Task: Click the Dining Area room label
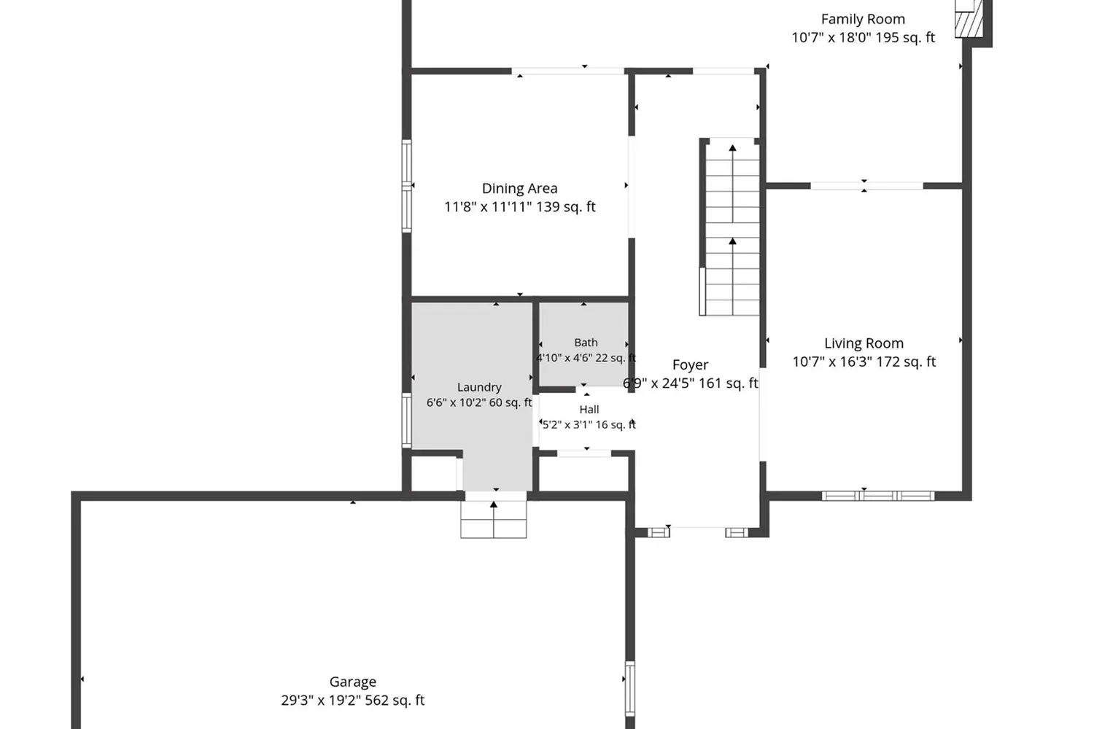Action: click(x=519, y=188)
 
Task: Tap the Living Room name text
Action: click(x=864, y=343)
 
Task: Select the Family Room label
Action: click(x=863, y=19)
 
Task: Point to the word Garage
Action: click(x=352, y=682)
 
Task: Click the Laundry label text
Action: click(x=479, y=387)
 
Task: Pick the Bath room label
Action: click(x=586, y=343)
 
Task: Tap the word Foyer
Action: click(x=690, y=364)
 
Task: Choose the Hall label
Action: click(x=589, y=409)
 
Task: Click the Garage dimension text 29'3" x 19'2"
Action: click(x=321, y=700)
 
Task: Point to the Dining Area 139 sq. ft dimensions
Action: click(x=565, y=207)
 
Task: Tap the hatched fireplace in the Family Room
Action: click(x=969, y=24)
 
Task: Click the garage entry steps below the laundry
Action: click(x=493, y=519)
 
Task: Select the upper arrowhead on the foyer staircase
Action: click(x=732, y=147)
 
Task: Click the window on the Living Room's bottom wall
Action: click(x=877, y=496)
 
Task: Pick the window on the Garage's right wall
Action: click(x=630, y=688)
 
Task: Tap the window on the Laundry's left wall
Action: click(x=406, y=421)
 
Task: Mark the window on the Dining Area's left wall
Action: click(x=406, y=186)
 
